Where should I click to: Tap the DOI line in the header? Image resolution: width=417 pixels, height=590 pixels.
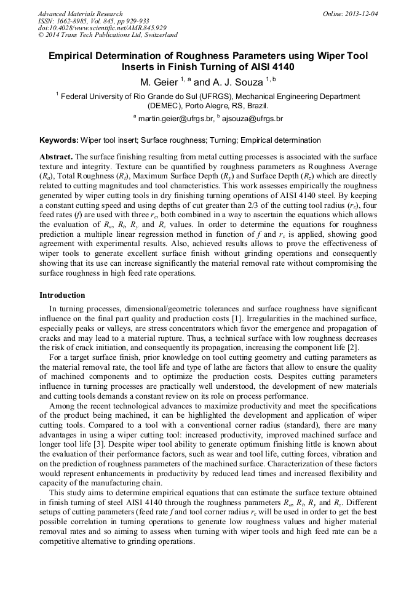(102, 28)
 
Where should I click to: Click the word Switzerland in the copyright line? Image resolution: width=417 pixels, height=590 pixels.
(159, 36)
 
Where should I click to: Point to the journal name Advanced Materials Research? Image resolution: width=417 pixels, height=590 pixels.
(80, 14)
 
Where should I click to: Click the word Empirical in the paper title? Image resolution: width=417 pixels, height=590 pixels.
(74, 56)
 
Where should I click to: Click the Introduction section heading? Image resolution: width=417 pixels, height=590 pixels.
(62, 295)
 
